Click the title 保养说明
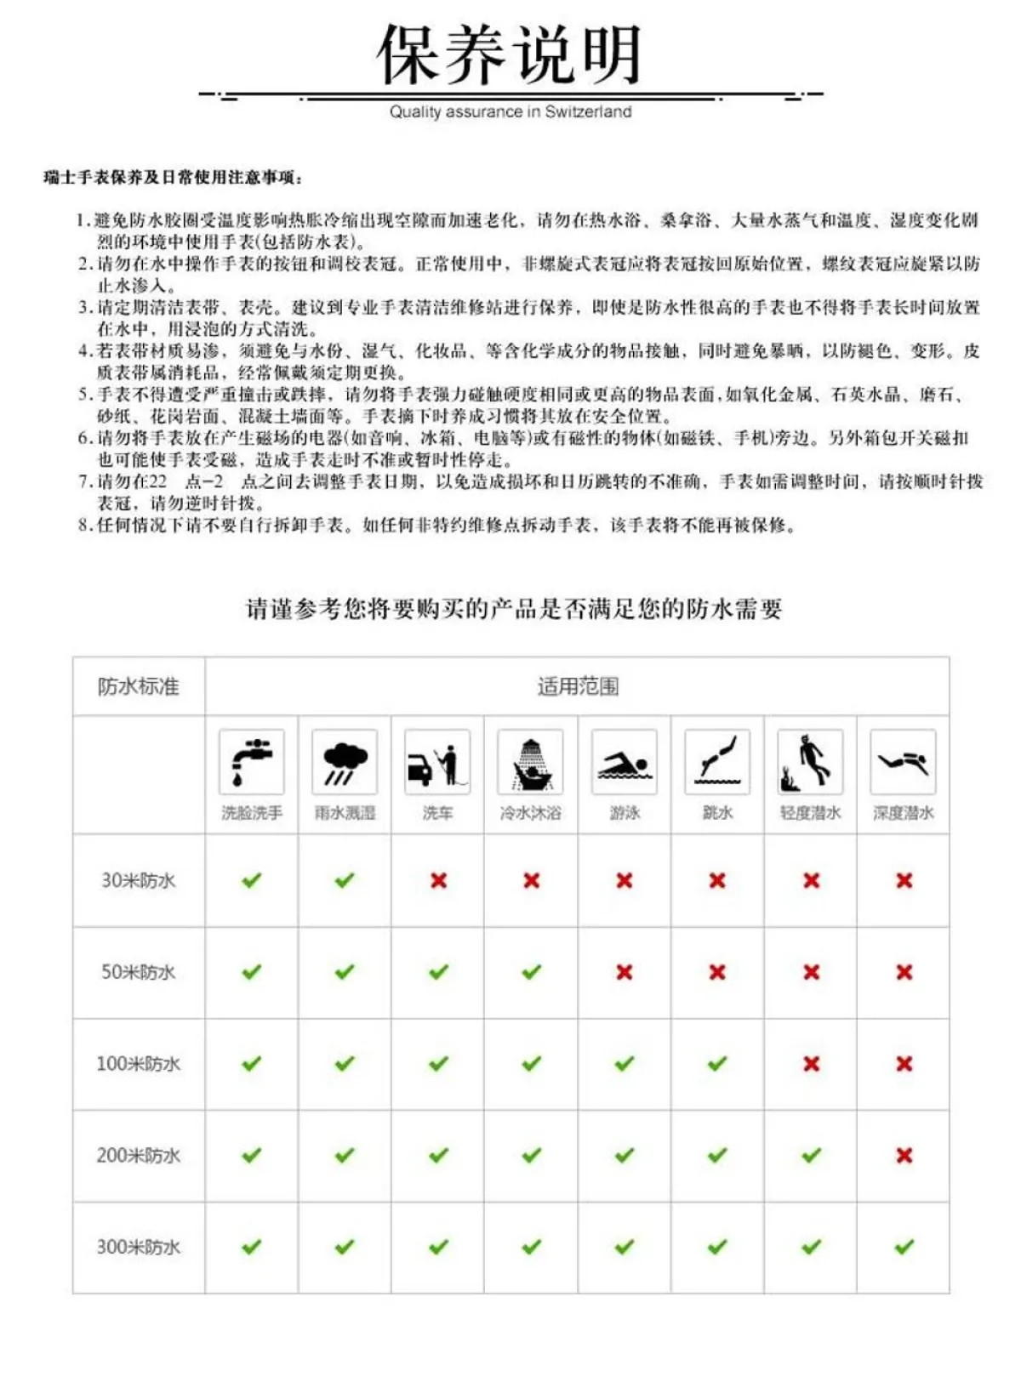point(509,55)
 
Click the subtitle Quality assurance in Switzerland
point(510,111)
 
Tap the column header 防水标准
point(138,686)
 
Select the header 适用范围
point(578,686)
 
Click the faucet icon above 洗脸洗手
point(251,762)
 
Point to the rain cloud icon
point(345,762)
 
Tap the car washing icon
point(437,763)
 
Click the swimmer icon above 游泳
point(624,763)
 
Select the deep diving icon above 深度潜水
point(903,762)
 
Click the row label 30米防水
point(138,880)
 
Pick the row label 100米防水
point(138,1064)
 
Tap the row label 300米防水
point(138,1248)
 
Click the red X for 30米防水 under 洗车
point(438,880)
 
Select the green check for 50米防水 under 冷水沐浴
point(531,971)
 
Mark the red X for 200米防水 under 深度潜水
point(904,1155)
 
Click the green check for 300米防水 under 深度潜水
point(904,1247)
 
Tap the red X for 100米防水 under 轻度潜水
point(811,1063)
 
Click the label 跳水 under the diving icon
point(717,813)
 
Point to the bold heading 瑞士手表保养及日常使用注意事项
point(173,177)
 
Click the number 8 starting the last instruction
point(83,526)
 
